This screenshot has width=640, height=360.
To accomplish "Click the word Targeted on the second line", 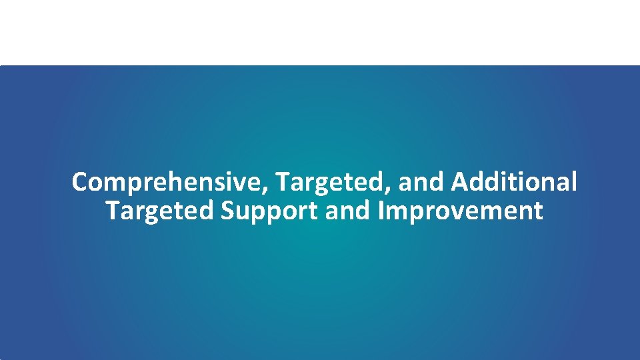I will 159,211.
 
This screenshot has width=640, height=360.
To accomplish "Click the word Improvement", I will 461,211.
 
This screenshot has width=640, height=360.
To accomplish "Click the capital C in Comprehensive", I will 80,182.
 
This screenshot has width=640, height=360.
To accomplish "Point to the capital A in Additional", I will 459,181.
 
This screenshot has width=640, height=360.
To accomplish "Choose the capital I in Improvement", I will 381,211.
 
